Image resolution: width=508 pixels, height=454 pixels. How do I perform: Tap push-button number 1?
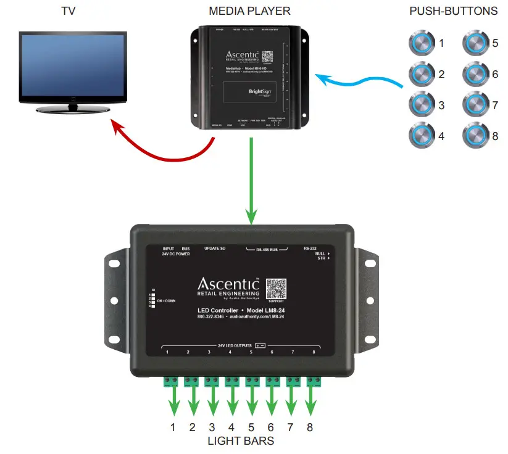pyautogui.click(x=422, y=44)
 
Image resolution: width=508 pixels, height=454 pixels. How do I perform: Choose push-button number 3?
pyautogui.click(x=422, y=104)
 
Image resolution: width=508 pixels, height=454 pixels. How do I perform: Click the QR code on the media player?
pyautogui.click(x=267, y=57)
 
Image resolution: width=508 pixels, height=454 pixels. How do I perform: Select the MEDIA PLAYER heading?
pyautogui.click(x=249, y=11)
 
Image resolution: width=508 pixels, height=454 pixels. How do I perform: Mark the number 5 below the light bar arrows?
pyautogui.click(x=251, y=427)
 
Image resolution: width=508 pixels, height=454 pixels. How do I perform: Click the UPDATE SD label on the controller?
pyautogui.click(x=215, y=248)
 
